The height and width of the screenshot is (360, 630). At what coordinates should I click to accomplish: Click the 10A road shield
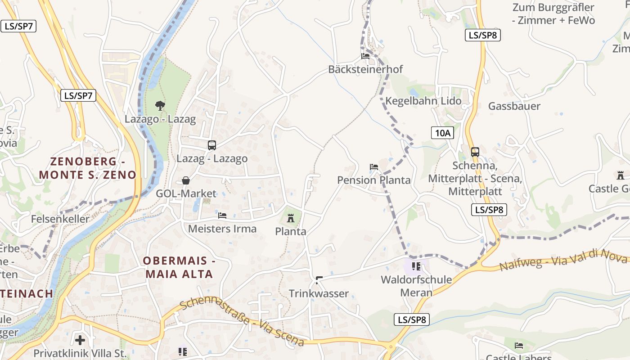click(x=442, y=132)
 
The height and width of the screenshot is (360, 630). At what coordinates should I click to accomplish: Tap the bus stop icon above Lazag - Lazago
click(x=212, y=145)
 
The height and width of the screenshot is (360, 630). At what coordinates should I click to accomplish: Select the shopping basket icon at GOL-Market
click(x=185, y=180)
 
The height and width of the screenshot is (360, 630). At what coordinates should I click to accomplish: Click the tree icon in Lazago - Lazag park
click(x=159, y=106)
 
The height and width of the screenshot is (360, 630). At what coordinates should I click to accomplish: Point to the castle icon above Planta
click(x=291, y=219)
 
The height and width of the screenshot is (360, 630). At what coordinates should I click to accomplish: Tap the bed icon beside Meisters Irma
click(x=222, y=216)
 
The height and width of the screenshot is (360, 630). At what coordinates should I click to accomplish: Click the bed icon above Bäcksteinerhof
click(x=365, y=56)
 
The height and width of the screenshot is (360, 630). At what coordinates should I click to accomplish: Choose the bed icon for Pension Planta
click(x=374, y=167)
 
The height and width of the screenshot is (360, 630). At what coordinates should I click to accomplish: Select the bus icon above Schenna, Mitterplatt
click(x=475, y=152)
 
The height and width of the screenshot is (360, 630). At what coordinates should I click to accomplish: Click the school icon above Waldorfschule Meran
click(x=416, y=266)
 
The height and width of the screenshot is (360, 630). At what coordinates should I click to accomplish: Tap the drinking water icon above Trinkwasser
click(x=319, y=280)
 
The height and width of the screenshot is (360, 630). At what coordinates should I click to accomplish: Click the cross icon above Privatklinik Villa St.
click(x=80, y=340)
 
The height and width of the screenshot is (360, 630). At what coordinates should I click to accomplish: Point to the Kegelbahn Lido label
click(x=423, y=101)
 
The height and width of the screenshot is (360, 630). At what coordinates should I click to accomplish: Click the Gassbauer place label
click(x=514, y=106)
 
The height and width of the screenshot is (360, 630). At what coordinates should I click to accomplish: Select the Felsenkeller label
click(x=60, y=219)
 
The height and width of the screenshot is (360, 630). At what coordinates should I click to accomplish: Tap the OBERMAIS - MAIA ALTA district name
click(x=178, y=267)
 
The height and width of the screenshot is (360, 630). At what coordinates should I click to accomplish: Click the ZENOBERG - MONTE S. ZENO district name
click(x=87, y=168)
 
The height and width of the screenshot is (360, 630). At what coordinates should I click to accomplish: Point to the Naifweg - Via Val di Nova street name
click(x=562, y=261)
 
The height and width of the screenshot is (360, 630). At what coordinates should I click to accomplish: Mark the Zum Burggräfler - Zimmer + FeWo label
click(x=553, y=14)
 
